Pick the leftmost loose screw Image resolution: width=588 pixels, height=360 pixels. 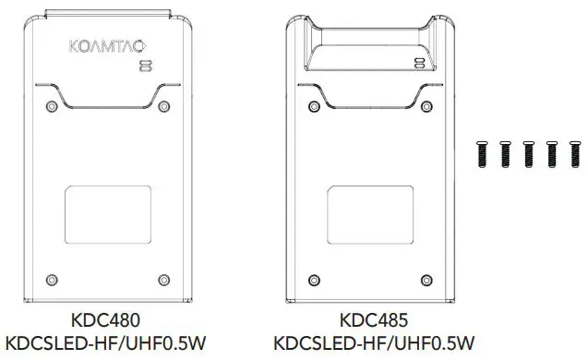pyautogui.click(x=482, y=155)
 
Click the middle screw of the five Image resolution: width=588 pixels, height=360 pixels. pyautogui.click(x=529, y=155)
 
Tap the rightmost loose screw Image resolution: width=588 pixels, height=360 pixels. pyautogui.click(x=576, y=155)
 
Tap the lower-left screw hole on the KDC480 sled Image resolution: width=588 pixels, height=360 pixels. pyautogui.click(x=54, y=279)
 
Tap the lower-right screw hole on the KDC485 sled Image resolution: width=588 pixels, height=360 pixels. pyautogui.click(x=425, y=279)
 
